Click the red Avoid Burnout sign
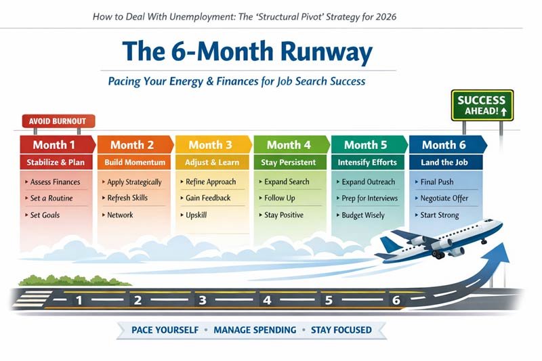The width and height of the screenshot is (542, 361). click(58, 122)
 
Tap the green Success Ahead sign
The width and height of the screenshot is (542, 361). click(482, 105)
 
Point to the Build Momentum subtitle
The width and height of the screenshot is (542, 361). click(134, 163)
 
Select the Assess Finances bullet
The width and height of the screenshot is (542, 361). click(55, 182)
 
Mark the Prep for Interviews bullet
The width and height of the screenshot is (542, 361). click(369, 198)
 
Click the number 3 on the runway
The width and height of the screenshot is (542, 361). click(201, 300)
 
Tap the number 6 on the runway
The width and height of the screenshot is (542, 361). click(396, 300)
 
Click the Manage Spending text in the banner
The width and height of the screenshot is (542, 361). click(255, 330)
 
